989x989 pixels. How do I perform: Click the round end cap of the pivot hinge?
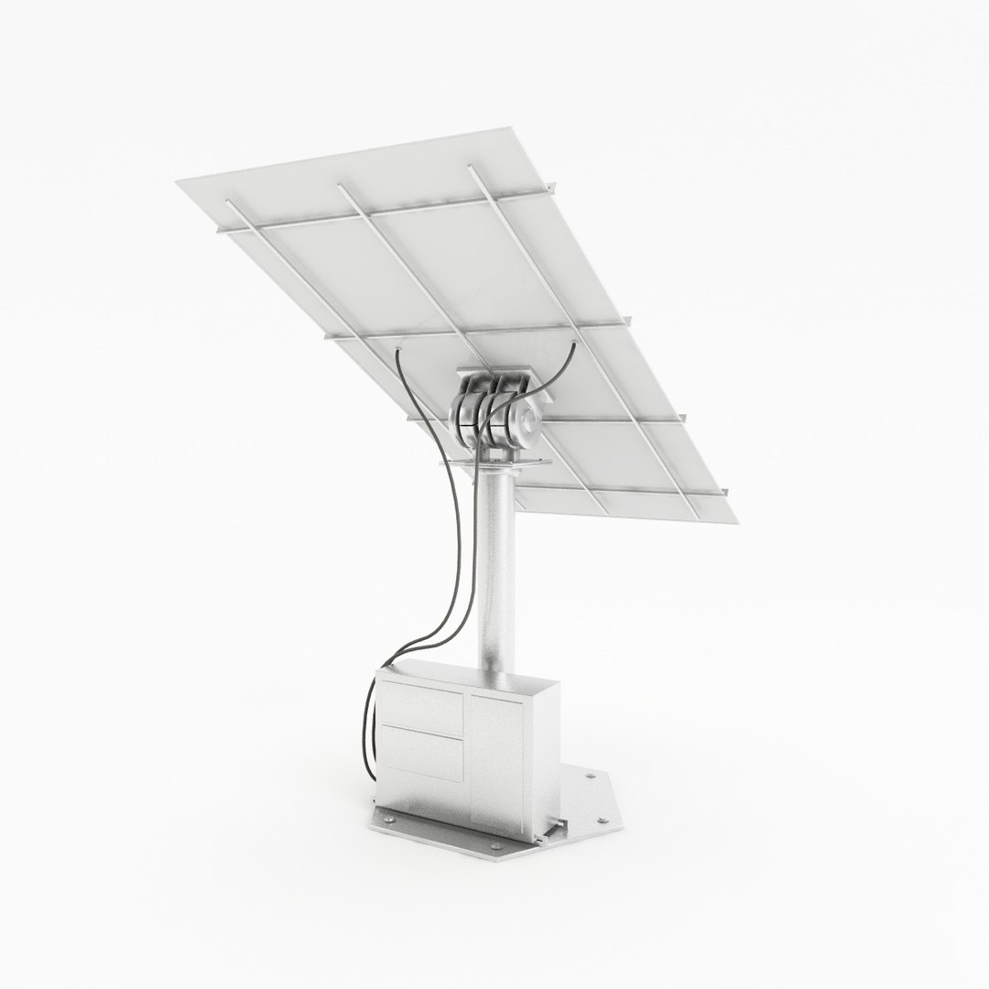coord(530,422)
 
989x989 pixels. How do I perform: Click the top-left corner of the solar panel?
coord(178,182)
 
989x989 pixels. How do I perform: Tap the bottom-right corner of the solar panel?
coord(735,524)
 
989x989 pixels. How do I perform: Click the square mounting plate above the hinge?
coord(502,375)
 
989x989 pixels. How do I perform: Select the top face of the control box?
coord(476,679)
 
